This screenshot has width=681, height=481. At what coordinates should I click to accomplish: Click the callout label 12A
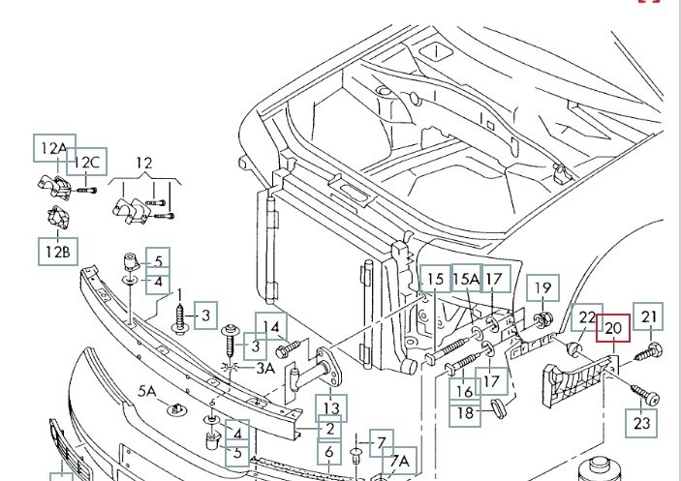(52, 148)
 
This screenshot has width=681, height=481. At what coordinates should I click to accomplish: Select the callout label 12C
(87, 162)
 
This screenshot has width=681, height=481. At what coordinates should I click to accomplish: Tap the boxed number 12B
(57, 253)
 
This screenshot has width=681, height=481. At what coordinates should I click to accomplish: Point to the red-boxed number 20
(612, 329)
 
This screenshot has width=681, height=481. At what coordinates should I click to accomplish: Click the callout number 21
(649, 316)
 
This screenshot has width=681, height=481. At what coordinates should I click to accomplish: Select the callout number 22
(587, 316)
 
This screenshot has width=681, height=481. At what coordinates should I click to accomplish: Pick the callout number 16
(465, 390)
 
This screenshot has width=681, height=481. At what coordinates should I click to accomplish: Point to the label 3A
(264, 368)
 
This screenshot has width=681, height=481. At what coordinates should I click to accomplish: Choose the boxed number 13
(331, 409)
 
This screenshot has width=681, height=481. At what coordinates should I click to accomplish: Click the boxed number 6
(329, 452)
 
